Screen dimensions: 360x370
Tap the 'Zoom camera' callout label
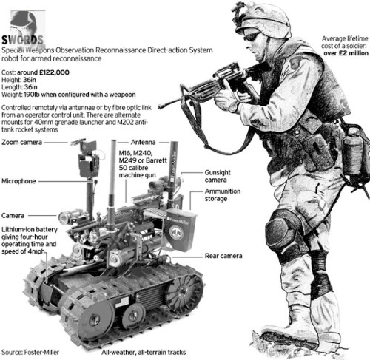point(21,141)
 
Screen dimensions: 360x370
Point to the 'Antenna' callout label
point(143,141)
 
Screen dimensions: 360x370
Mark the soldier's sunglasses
point(252,36)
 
